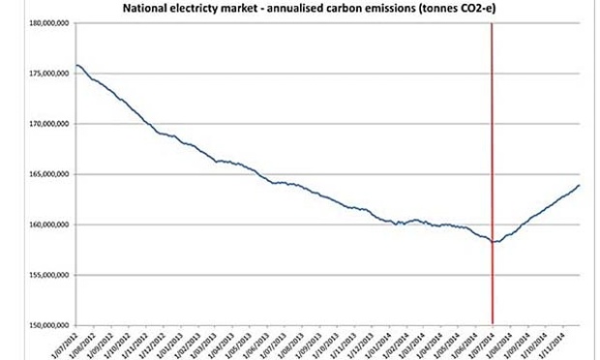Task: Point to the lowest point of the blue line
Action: pos(494,242)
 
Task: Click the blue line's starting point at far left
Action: pos(76,65)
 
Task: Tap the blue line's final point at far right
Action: pos(579,185)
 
